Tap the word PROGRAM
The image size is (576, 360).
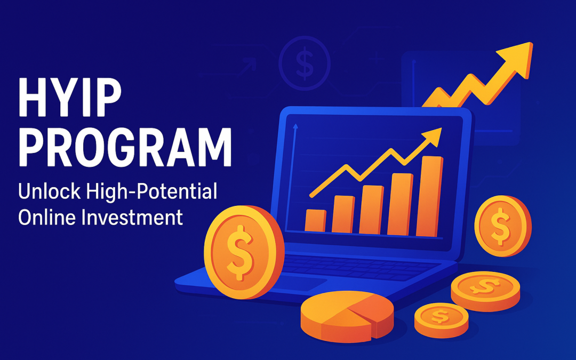pos(125,146)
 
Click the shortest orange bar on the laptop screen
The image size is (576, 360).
pos(315,220)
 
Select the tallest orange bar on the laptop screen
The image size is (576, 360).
pos(429,196)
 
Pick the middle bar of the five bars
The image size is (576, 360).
pos(371,209)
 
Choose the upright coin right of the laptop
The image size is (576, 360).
pos(502,226)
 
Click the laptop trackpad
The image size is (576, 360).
pos(299,284)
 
